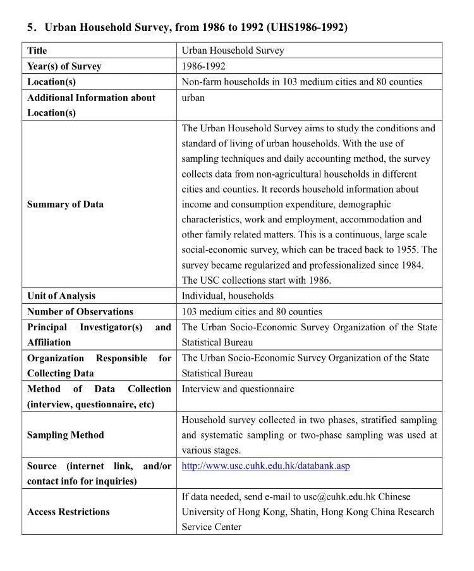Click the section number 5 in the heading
pos(30,28)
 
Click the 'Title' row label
pos(37,51)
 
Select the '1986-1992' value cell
pos(203,66)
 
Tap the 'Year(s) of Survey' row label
pos(64,66)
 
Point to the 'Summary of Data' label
pos(65,204)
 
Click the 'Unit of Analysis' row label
pos(61,296)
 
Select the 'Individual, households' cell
pos(228,296)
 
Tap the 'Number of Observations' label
pos(80,311)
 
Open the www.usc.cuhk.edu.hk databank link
pos(265,466)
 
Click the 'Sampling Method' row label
pos(65,435)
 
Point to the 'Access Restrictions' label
pos(68,512)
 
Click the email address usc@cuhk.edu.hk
pos(339,496)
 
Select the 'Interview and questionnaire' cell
pos(238,389)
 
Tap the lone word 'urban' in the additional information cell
pos(193,98)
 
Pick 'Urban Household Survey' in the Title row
pos(233,51)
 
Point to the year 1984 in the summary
pos(411,265)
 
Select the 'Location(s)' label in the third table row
pos(51,82)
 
